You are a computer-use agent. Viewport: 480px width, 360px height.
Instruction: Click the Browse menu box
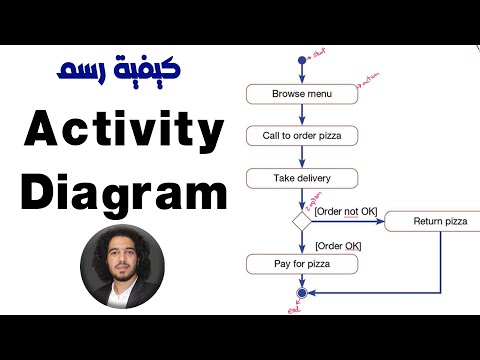pyautogui.click(x=301, y=95)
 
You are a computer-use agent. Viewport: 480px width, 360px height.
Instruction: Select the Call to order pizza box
pyautogui.click(x=301, y=137)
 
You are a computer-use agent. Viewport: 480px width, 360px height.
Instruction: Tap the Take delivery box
pyautogui.click(x=301, y=179)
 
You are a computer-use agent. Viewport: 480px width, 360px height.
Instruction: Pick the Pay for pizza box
pyautogui.click(x=301, y=264)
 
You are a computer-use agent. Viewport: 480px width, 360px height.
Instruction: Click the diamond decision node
pyautogui.click(x=301, y=221)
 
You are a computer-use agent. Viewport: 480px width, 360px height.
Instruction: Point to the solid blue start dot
pyautogui.click(x=301, y=61)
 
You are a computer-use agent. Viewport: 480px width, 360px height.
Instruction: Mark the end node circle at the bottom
pyautogui.click(x=301, y=294)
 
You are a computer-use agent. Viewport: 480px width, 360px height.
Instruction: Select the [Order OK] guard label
pyautogui.click(x=337, y=245)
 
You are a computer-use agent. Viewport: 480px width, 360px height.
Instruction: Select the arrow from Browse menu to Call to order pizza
pyautogui.click(x=301, y=114)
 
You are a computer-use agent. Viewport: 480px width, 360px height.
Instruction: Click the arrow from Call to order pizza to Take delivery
pyautogui.click(x=301, y=157)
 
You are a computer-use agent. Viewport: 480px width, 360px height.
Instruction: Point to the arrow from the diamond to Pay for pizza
pyautogui.click(x=301, y=242)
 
